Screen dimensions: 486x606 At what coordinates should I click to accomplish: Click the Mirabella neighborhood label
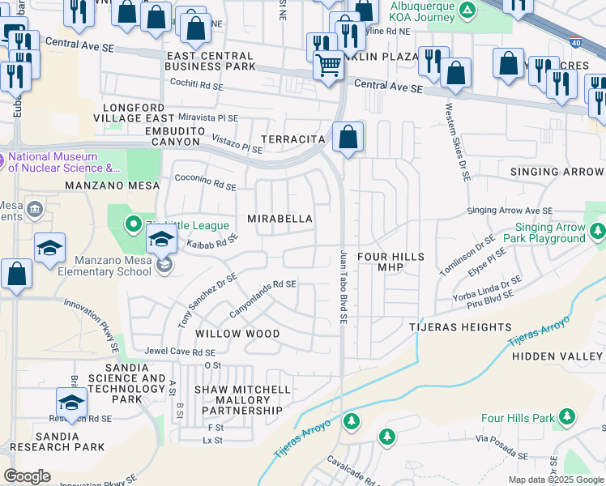(x=280, y=220)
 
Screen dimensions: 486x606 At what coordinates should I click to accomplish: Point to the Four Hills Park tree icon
(x=568, y=418)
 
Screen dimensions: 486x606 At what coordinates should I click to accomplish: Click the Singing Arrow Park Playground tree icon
(x=597, y=232)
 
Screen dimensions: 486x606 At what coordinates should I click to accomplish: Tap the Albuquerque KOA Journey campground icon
(x=467, y=10)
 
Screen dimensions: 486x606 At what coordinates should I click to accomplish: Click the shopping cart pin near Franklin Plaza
(x=328, y=64)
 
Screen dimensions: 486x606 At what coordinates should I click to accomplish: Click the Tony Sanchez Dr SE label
(x=207, y=301)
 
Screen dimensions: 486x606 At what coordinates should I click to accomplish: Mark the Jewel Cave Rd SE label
(x=180, y=352)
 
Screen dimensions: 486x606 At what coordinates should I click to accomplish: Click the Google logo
(x=28, y=476)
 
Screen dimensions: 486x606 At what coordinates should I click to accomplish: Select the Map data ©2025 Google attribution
(x=555, y=480)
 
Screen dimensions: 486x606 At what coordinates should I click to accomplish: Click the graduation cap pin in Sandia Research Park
(x=71, y=402)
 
